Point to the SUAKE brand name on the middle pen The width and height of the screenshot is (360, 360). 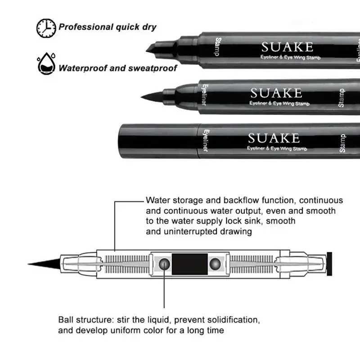coord(276,93)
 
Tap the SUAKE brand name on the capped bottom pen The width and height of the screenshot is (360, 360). coord(273,137)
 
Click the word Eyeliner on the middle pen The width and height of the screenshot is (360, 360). coord(204,95)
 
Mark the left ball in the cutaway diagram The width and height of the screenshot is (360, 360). coord(165,264)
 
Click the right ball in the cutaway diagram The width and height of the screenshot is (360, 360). coord(216,264)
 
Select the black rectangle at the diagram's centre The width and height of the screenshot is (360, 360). coord(190,264)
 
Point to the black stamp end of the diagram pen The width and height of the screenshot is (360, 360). coord(329,263)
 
